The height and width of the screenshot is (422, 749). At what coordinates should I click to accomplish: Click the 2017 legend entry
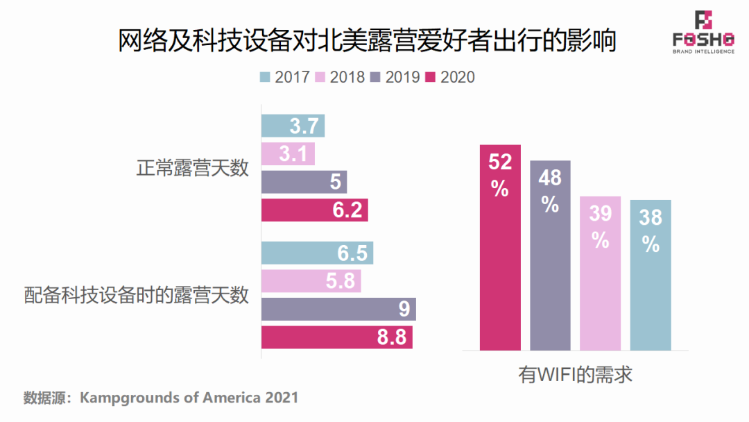point(284,77)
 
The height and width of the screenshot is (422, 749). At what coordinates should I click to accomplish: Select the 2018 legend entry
point(339,77)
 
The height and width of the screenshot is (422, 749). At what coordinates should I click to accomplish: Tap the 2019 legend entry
point(395,77)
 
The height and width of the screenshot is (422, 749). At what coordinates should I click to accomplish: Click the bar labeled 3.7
point(293,126)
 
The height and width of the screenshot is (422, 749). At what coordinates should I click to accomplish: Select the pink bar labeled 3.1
point(288,154)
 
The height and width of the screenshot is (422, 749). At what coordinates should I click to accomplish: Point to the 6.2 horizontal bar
point(314,210)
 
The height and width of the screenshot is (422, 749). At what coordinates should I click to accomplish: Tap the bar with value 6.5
point(317,253)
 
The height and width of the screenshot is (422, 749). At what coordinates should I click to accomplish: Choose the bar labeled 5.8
point(311,281)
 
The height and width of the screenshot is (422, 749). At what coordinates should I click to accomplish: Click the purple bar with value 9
point(338,310)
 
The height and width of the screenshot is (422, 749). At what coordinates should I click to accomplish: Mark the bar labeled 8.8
point(337,338)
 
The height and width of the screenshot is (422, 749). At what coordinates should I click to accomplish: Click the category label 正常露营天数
point(192,169)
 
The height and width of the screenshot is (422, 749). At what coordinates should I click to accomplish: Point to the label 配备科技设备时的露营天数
point(136,296)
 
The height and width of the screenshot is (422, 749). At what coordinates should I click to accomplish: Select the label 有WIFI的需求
point(576,375)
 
